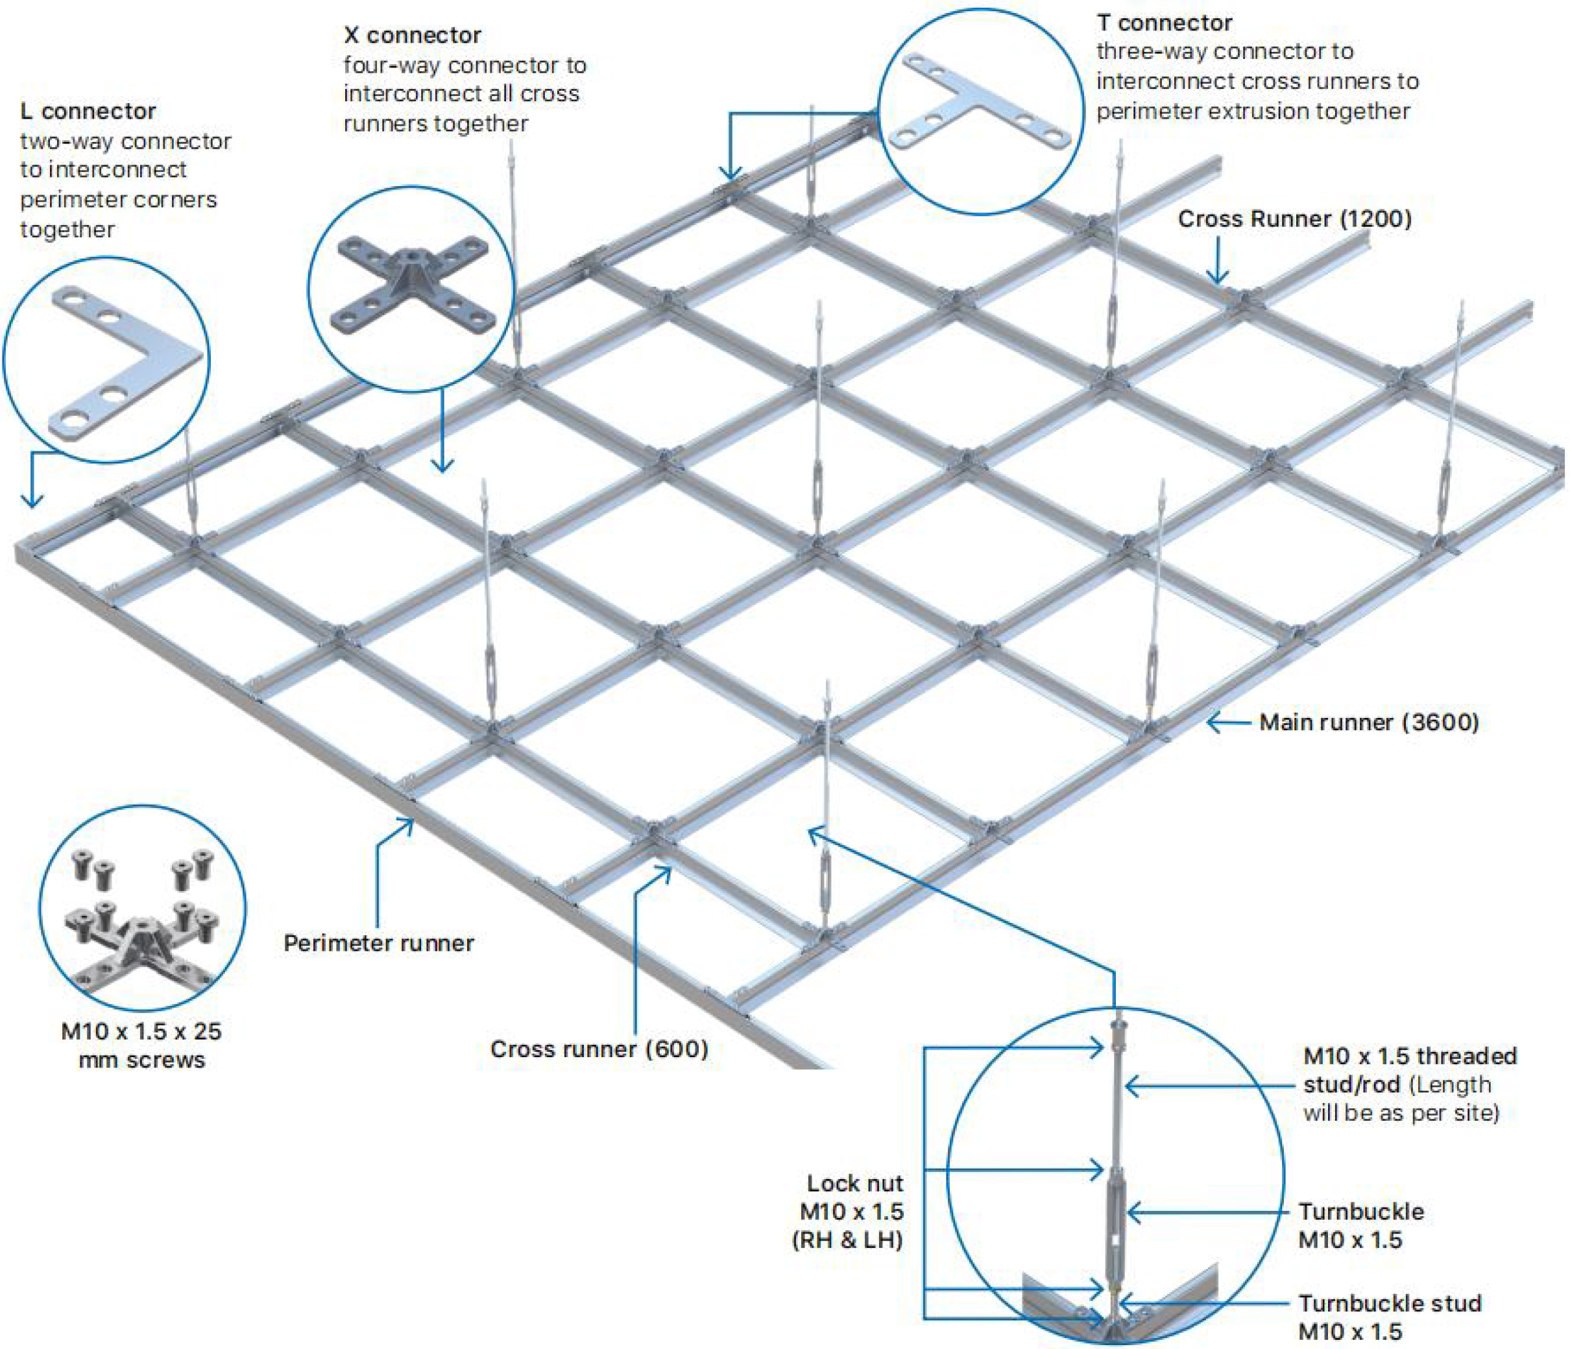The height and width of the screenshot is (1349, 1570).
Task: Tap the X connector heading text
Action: (x=412, y=35)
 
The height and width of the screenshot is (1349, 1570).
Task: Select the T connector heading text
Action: (x=1164, y=23)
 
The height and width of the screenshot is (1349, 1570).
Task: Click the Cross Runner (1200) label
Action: (x=1294, y=219)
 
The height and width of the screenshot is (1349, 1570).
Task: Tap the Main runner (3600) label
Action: (x=1368, y=722)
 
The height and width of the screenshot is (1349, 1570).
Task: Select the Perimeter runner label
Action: (x=379, y=943)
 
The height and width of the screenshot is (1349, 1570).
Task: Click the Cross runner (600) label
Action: (x=599, y=1049)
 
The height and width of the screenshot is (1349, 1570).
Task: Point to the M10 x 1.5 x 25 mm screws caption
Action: (x=141, y=1045)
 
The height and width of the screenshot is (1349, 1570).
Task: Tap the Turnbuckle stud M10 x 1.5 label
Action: (x=1390, y=1317)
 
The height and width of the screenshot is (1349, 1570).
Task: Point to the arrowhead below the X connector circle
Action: (x=442, y=464)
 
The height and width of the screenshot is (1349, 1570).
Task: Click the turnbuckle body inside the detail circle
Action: (x=1115, y=1212)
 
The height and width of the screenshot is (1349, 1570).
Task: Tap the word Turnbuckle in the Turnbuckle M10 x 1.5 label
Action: (x=1361, y=1212)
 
